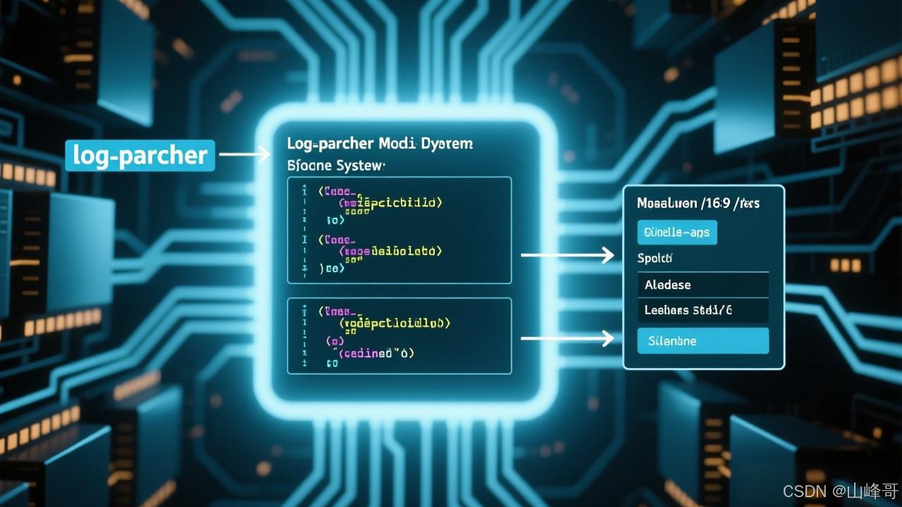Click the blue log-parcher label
click(140, 156)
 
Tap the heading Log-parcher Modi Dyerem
click(380, 144)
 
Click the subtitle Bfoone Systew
click(336, 168)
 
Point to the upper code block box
click(400, 230)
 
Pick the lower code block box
click(400, 335)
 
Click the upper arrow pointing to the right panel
click(567, 256)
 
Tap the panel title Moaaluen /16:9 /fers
click(698, 204)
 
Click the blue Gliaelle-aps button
click(676, 232)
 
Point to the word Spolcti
click(655, 258)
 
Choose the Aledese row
click(703, 285)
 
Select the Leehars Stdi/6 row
click(703, 310)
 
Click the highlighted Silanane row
click(703, 341)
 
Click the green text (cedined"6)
click(377, 353)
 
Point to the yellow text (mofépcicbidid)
click(390, 203)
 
